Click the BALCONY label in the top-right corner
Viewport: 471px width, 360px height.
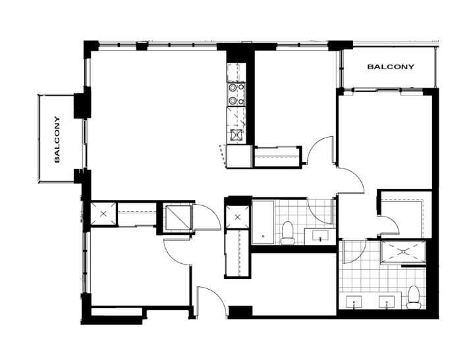click(x=391, y=66)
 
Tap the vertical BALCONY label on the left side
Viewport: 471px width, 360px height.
click(x=57, y=140)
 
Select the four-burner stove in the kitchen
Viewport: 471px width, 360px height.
click(x=236, y=94)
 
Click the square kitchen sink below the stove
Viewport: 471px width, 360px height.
click(x=236, y=135)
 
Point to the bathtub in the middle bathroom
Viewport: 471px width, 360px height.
click(x=263, y=222)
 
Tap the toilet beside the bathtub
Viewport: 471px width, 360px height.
click(x=288, y=233)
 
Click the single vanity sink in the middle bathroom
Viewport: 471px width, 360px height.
click(x=321, y=236)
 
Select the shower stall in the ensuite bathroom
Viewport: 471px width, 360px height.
click(x=403, y=252)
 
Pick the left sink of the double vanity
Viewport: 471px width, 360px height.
click(x=354, y=302)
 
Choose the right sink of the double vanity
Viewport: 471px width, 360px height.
click(x=386, y=302)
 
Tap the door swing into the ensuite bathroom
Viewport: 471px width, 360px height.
click(x=354, y=251)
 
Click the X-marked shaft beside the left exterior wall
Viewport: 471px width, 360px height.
click(x=103, y=214)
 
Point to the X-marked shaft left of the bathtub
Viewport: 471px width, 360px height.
click(x=238, y=217)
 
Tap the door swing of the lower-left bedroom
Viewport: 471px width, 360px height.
click(x=177, y=251)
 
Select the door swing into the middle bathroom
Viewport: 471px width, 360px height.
click(x=321, y=211)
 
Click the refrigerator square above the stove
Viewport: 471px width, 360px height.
click(x=236, y=72)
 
